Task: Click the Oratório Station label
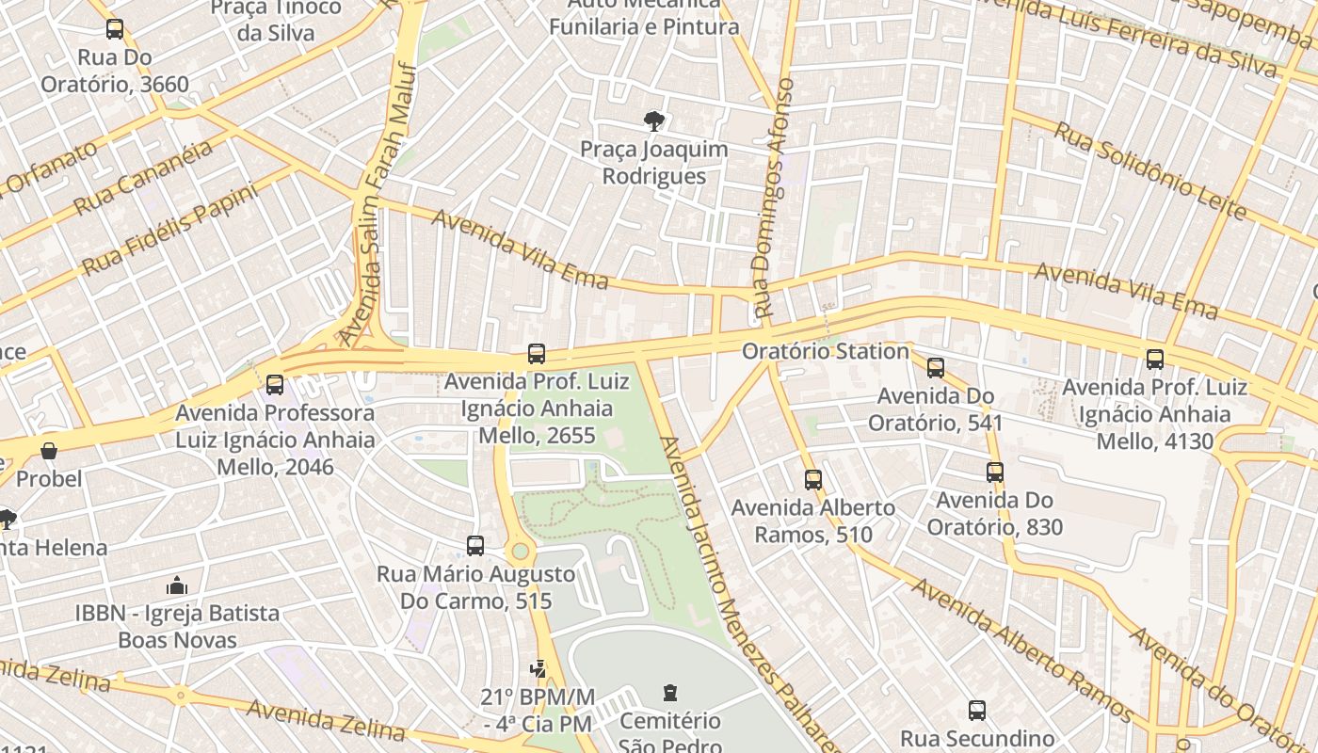click(825, 351)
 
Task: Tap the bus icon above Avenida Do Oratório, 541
click(936, 368)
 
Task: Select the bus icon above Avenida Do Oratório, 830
click(995, 473)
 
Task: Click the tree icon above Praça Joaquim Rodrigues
click(653, 120)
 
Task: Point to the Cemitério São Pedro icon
click(669, 693)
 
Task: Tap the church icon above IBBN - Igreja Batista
click(177, 585)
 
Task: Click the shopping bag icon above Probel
click(49, 451)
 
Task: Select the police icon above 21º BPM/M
click(538, 669)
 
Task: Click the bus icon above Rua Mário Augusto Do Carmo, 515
click(475, 546)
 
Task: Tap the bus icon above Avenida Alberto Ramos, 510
click(813, 480)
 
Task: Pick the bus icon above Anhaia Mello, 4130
click(1155, 360)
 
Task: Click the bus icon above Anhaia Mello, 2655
click(536, 354)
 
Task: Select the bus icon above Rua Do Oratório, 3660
click(115, 29)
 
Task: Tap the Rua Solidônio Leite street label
click(1149, 170)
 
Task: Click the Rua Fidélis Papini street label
click(169, 229)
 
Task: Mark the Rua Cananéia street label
click(143, 178)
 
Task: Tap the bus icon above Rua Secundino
click(977, 711)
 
